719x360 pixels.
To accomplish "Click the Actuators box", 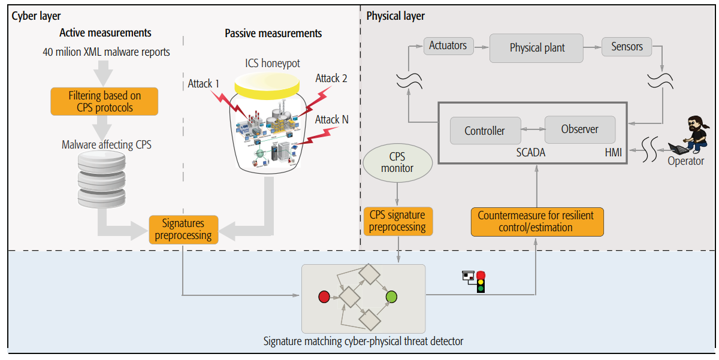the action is coord(448,46).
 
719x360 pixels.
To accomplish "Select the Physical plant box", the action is coord(536,48).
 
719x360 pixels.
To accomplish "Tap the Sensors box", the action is coord(627,47).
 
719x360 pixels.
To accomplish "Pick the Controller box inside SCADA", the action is coord(485,131).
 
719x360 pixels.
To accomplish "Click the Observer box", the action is coord(580,129).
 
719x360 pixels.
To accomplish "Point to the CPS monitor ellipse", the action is coord(398,163).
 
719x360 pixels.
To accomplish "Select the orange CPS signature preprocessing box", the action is coord(398,221).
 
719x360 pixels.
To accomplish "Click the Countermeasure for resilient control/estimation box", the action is coord(537,222).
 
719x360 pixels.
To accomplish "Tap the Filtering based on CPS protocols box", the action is coord(104,101).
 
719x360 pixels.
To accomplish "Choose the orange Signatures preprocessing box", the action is coord(183,229).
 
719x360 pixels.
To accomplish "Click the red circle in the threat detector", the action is coord(324,297).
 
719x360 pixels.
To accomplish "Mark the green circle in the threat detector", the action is coord(391,297).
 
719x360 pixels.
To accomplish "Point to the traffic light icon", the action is coord(475,282).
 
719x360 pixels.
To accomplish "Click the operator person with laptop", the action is coord(690,135).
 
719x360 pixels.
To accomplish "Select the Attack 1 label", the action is coord(204,84).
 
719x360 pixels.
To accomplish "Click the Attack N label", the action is coord(331,120).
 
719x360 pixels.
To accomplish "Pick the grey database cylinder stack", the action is coord(101,179).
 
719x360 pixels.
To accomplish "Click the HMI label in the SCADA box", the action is coord(614,152).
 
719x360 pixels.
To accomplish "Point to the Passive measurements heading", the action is coord(273,34).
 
